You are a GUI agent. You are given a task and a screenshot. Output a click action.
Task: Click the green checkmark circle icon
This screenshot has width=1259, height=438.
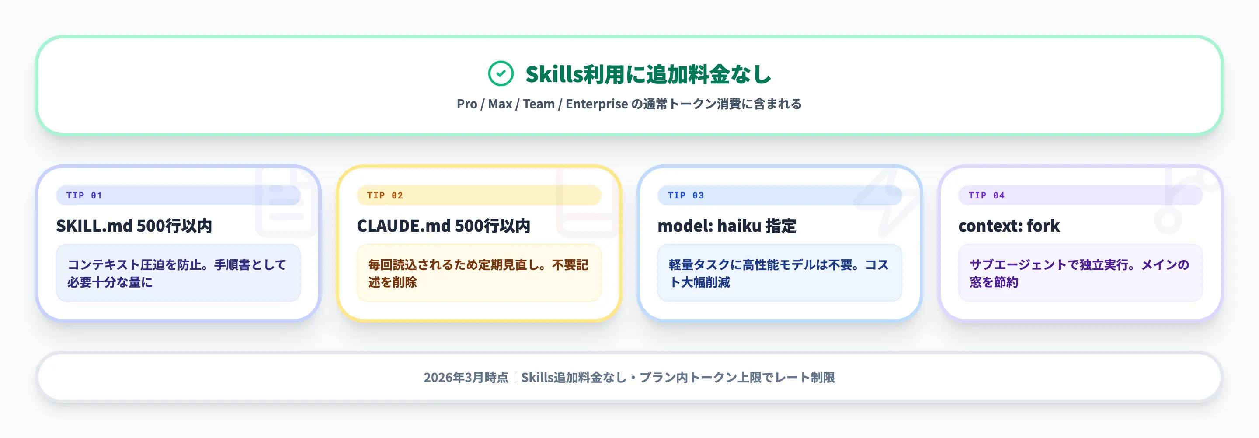pos(501,74)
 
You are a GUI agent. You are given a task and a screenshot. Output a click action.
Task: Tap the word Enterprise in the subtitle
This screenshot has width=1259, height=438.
pos(596,104)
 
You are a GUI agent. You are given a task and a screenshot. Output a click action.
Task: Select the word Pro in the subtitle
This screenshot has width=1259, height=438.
pos(466,104)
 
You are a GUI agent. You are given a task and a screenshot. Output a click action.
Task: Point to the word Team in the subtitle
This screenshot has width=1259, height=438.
pos(539,104)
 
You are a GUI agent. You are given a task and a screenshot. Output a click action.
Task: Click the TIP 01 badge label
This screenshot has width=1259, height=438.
pos(84,195)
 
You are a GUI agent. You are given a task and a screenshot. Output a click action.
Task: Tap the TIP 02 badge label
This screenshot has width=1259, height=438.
pos(385,195)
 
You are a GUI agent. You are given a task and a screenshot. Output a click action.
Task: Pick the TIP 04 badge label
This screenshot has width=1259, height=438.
pos(986,195)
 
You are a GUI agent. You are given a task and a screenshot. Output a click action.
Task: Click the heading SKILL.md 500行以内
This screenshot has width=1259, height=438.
pos(134,226)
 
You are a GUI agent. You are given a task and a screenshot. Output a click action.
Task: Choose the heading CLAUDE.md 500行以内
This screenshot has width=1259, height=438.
pos(443,226)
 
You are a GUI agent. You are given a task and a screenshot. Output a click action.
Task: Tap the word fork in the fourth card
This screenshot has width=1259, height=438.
pos(1043,226)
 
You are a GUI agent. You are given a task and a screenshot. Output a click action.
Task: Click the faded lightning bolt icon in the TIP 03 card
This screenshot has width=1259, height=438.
pos(886,203)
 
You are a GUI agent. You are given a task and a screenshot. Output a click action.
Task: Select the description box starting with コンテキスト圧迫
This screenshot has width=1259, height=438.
pos(178,273)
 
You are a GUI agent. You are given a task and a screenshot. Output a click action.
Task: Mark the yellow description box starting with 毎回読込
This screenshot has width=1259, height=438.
pos(479,273)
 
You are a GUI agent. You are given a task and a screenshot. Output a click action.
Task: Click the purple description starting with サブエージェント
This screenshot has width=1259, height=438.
pos(1080,273)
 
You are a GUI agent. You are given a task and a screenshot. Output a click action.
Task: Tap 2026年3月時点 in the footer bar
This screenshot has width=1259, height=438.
pos(465,377)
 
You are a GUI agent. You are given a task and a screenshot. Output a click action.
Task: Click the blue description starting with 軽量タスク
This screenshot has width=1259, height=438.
pos(779,273)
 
